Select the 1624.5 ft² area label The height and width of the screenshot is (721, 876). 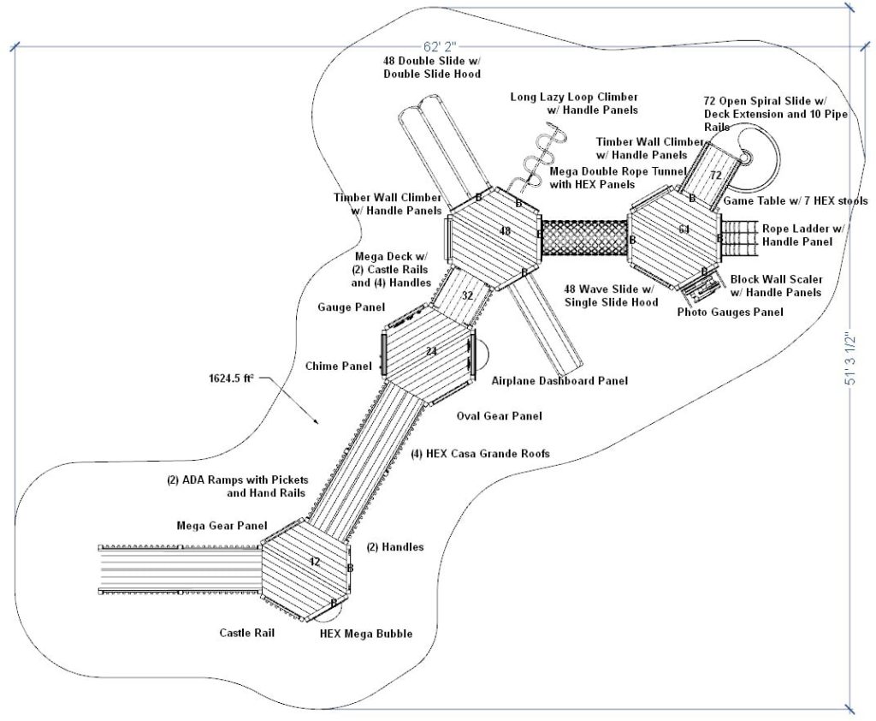[x=233, y=377]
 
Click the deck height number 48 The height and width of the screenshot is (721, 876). [x=505, y=231]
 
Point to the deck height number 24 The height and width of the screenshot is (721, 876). [x=430, y=352]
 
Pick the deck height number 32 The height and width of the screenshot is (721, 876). [x=467, y=295]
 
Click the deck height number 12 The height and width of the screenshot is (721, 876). [x=314, y=562]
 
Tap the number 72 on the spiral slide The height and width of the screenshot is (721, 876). [x=716, y=176]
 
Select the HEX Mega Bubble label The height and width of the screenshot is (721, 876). [x=366, y=634]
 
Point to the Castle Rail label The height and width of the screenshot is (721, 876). [x=246, y=633]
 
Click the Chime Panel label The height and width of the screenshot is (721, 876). [x=339, y=366]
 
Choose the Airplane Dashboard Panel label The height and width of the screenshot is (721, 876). [x=559, y=380]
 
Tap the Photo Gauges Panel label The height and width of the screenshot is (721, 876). [x=730, y=313]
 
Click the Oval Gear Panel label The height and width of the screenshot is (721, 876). [x=499, y=416]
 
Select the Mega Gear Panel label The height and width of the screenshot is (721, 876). [x=222, y=525]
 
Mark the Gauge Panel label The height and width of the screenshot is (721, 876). [x=351, y=307]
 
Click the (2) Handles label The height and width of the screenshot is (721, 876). [x=394, y=546]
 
